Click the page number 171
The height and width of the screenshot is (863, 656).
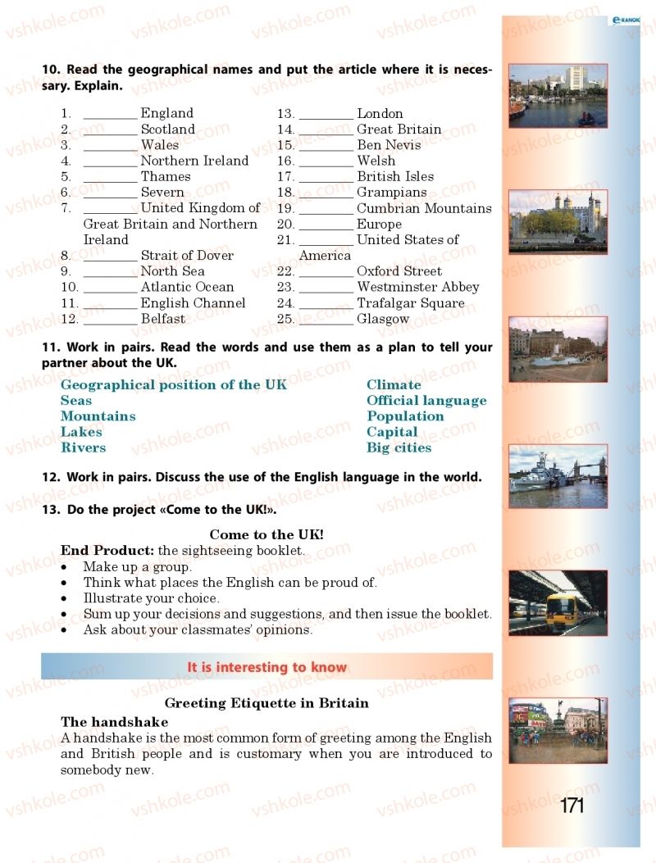(x=572, y=806)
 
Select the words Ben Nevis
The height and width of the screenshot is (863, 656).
(x=389, y=145)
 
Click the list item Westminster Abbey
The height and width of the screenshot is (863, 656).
(x=417, y=287)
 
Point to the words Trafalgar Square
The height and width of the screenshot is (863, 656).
(x=410, y=303)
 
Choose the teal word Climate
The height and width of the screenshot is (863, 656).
(x=394, y=384)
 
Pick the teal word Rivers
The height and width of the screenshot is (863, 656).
(x=83, y=447)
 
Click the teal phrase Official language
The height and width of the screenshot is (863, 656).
(x=426, y=401)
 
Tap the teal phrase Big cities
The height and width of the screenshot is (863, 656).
(x=399, y=447)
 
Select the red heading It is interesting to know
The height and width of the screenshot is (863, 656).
(x=266, y=667)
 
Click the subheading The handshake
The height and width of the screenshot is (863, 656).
(x=114, y=722)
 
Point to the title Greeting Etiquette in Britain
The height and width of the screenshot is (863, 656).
(x=266, y=703)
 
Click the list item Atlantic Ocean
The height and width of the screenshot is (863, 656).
(x=187, y=287)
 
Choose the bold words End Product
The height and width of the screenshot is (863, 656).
(x=107, y=551)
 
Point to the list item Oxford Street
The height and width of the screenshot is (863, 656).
(x=399, y=271)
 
